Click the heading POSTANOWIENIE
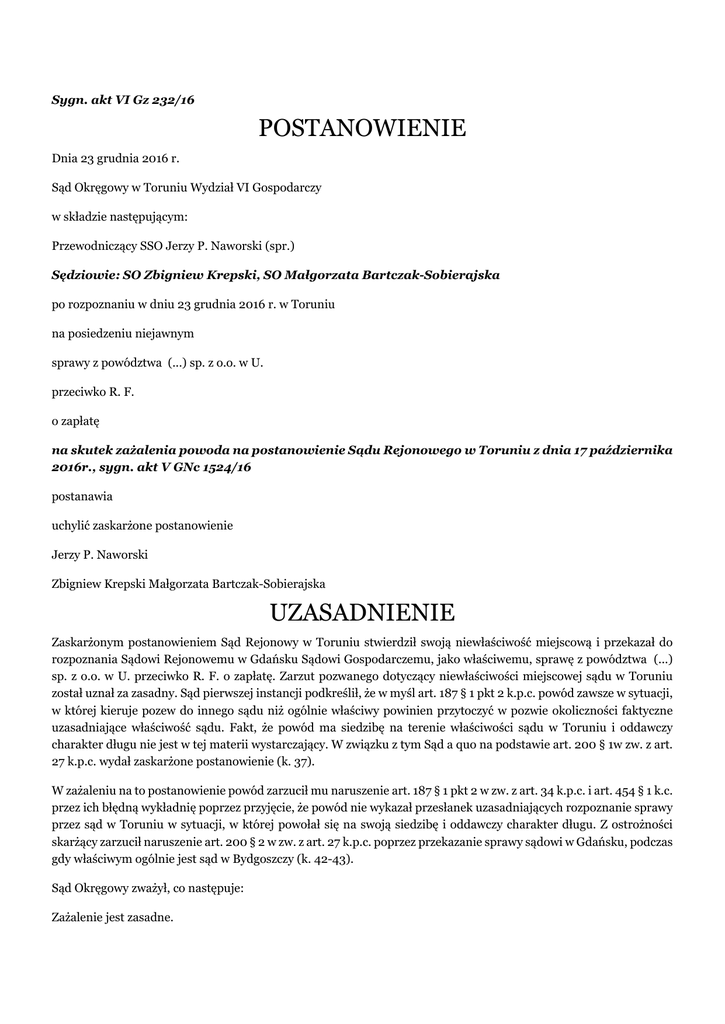(362, 128)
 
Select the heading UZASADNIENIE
(362, 611)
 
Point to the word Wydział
(212, 186)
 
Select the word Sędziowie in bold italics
(83, 274)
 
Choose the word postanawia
(82, 495)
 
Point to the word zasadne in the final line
(151, 916)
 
